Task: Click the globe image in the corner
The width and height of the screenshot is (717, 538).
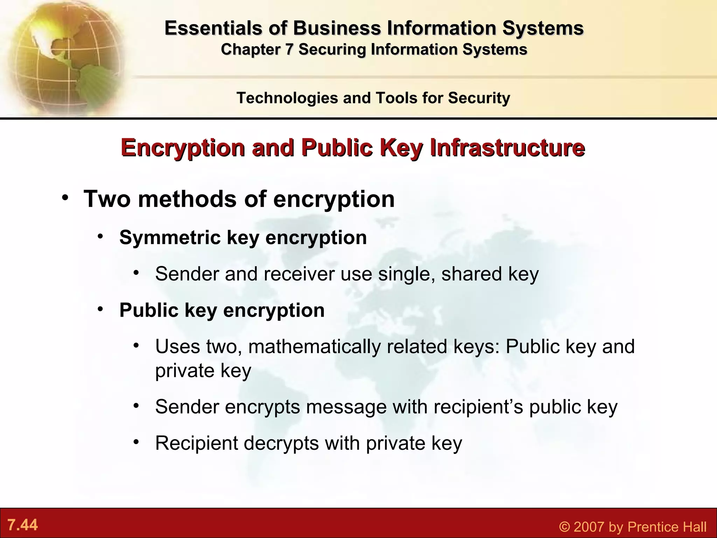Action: click(63, 56)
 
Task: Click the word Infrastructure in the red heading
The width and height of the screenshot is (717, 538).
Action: click(507, 148)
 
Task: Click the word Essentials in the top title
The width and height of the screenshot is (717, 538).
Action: click(214, 28)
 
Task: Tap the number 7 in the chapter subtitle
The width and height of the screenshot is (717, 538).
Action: click(289, 49)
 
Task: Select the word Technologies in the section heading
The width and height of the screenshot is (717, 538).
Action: click(287, 98)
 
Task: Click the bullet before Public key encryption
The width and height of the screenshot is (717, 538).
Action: click(101, 310)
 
